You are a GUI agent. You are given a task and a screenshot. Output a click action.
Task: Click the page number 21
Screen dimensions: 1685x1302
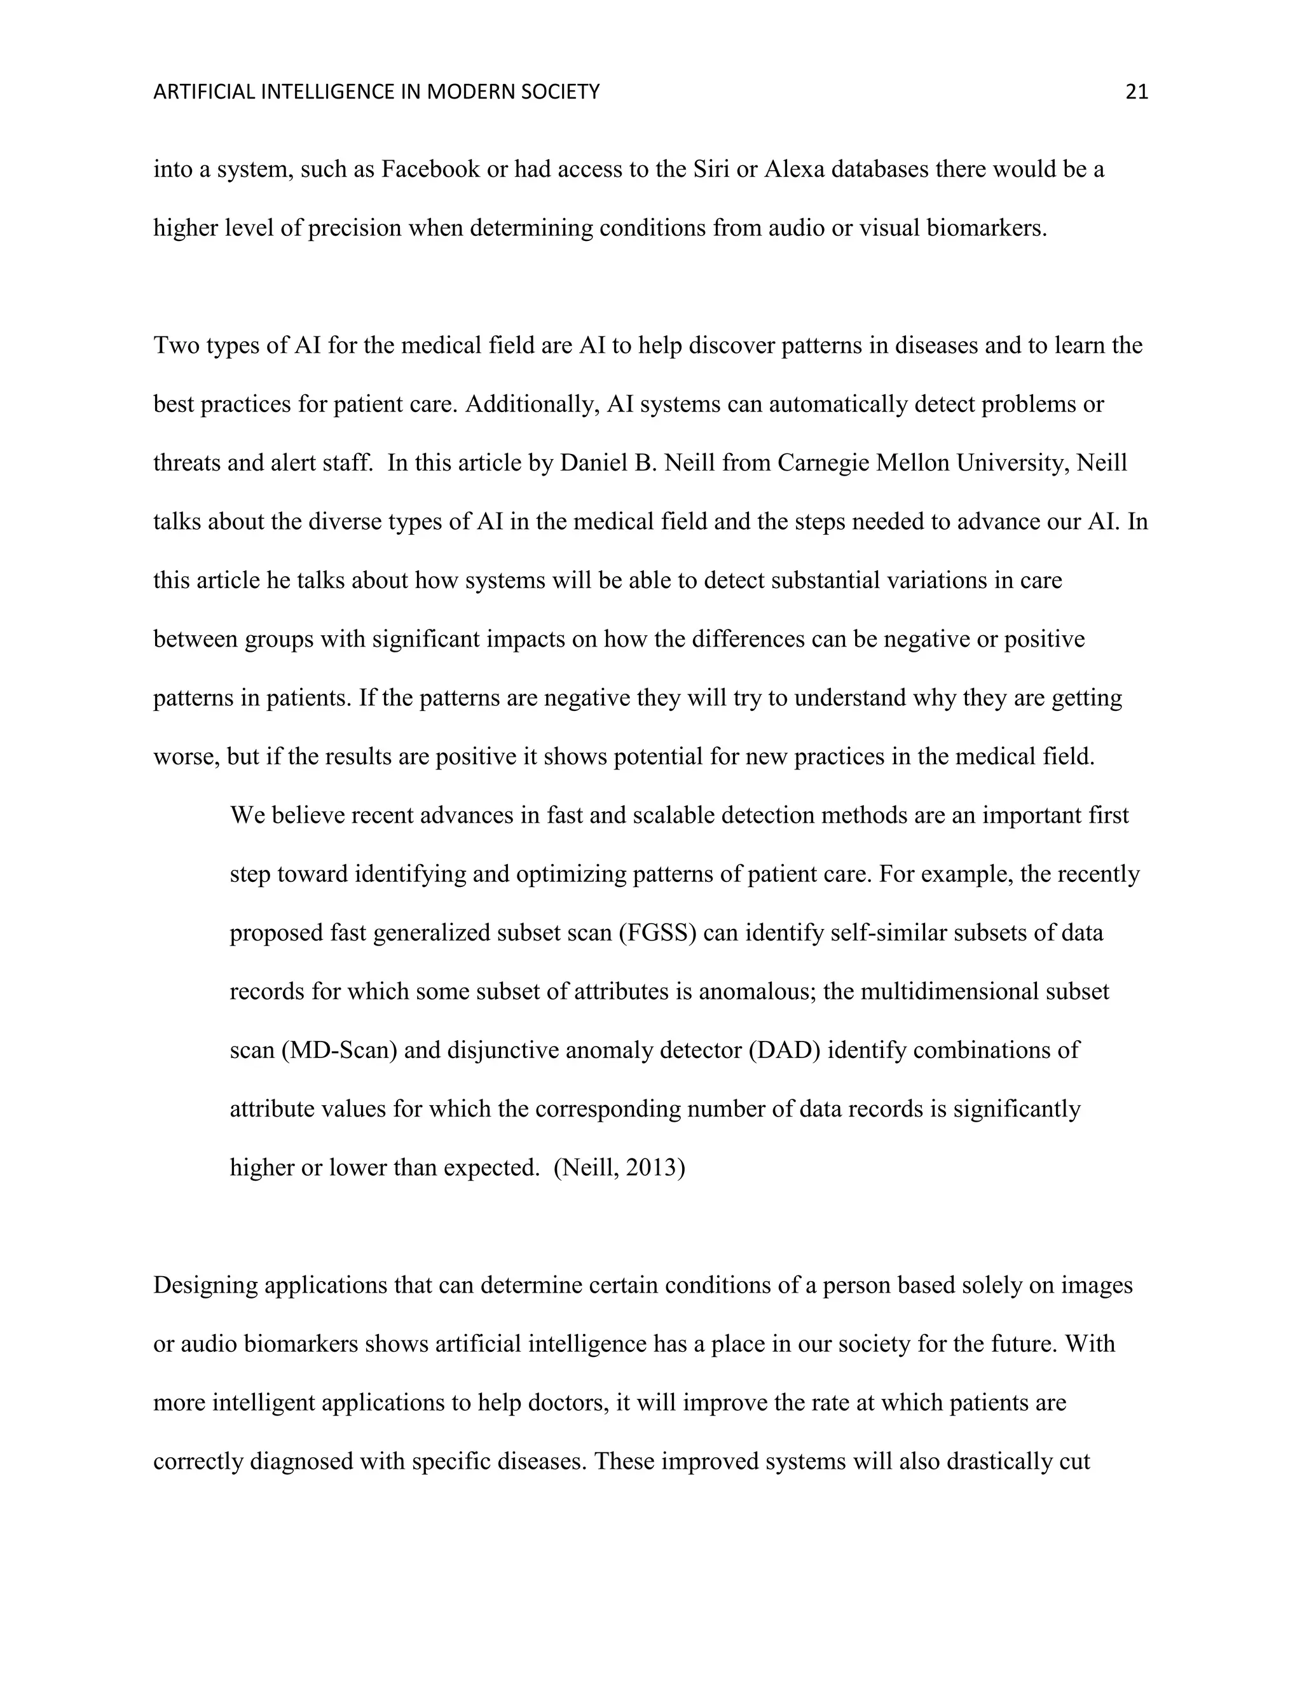(1136, 93)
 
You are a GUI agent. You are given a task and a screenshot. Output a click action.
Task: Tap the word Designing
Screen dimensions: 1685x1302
(205, 1285)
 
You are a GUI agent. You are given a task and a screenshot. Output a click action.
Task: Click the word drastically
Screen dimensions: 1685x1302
(995, 1461)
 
